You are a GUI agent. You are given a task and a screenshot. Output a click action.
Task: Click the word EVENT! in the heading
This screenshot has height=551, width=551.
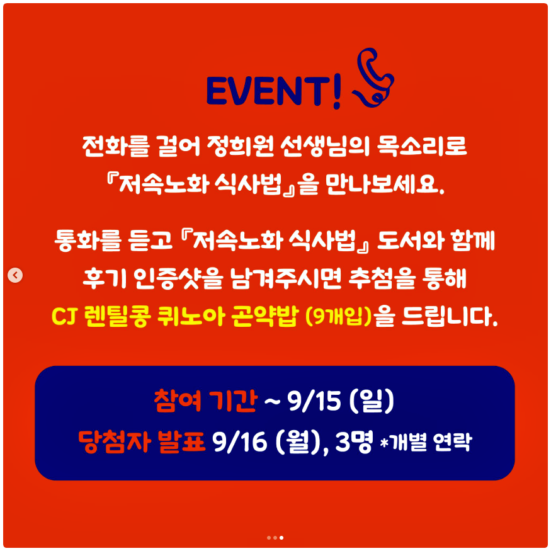(274, 91)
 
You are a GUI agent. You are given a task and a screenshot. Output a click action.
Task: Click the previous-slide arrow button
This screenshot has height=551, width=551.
(15, 275)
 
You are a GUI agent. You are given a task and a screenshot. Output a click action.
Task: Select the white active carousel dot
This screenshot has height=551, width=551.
(281, 538)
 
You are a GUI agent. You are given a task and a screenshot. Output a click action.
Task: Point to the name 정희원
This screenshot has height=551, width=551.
(241, 146)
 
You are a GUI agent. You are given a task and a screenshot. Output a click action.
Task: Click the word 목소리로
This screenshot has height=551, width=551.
(422, 145)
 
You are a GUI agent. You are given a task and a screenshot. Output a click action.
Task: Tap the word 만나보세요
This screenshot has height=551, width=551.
(385, 184)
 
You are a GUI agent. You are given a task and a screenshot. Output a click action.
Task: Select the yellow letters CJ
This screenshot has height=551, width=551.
(64, 317)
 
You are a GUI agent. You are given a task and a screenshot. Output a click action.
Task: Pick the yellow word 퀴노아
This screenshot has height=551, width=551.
(190, 316)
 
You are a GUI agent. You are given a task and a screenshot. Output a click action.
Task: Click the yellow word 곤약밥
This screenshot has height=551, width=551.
(265, 316)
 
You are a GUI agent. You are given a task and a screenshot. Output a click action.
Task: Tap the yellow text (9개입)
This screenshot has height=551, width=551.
(339, 317)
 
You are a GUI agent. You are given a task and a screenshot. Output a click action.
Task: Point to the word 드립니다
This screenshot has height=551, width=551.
(450, 317)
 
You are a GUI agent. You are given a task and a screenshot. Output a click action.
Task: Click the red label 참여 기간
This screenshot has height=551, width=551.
(205, 400)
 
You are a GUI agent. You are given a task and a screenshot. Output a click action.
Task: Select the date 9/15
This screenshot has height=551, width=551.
(314, 401)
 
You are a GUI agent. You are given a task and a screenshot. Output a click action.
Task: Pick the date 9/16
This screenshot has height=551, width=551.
(239, 442)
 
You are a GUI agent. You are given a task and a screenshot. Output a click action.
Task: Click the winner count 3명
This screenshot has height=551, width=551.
(354, 441)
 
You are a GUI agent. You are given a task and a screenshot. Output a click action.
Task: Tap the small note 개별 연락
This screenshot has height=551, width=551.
(430, 443)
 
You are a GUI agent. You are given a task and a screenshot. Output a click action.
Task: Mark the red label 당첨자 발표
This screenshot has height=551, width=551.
(141, 441)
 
